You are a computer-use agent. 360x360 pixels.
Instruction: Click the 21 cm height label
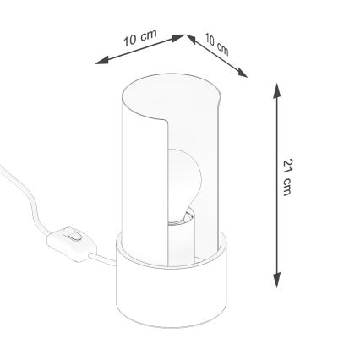[288, 178]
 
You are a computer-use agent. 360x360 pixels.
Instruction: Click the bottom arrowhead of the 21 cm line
[277, 282]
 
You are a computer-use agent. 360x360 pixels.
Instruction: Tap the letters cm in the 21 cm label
[288, 188]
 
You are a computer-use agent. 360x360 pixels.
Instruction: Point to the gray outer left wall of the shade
[135, 169]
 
